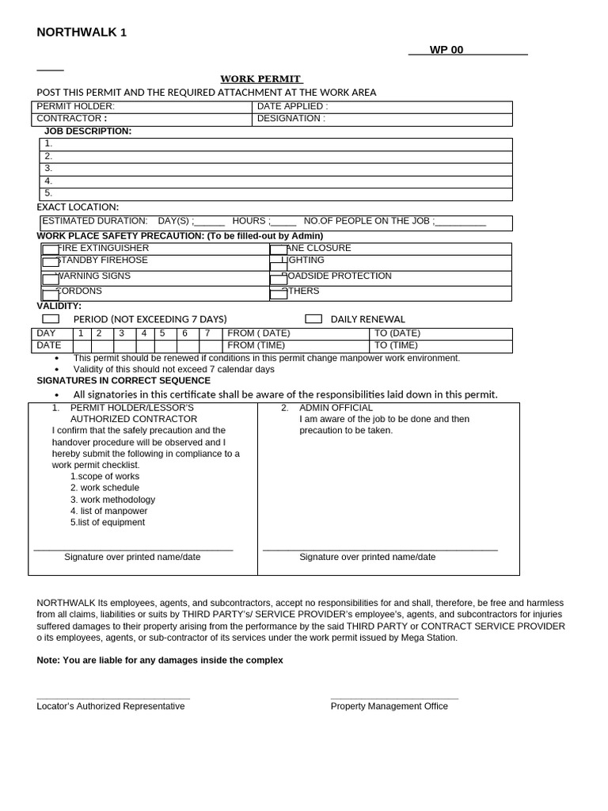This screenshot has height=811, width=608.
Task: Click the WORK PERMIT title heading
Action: click(261, 79)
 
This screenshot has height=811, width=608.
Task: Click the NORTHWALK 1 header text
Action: click(82, 32)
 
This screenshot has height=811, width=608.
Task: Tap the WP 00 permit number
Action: click(446, 50)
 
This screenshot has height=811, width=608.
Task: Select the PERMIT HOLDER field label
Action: click(76, 106)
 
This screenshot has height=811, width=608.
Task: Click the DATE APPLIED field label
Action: click(292, 106)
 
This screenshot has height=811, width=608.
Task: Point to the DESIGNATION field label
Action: click(291, 119)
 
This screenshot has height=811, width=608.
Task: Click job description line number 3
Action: click(48, 169)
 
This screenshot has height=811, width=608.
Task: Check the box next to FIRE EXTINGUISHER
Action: click(50, 250)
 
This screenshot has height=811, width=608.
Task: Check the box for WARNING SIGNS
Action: click(50, 279)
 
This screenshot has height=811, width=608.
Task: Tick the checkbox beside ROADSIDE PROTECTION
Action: click(278, 279)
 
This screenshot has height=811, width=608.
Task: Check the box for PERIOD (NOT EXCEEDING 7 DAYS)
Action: click(51, 319)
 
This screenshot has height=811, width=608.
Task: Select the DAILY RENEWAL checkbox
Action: click(313, 319)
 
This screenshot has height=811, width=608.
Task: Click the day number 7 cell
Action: click(207, 333)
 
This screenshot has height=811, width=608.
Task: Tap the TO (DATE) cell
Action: click(397, 333)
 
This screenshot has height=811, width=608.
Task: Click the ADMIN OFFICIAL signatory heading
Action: click(336, 408)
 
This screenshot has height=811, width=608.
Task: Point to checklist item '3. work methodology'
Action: click(112, 500)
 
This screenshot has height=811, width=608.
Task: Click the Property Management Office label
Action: click(389, 706)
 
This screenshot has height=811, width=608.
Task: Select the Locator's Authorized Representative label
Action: click(111, 706)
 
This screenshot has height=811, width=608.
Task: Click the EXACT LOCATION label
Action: click(78, 208)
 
